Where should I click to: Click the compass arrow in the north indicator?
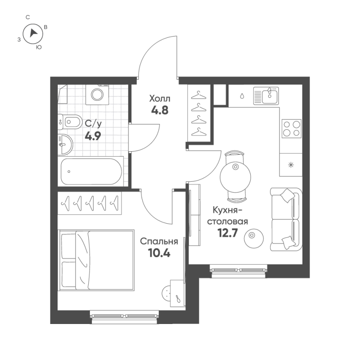pyautogui.click(x=33, y=33)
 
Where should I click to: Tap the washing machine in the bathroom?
pyautogui.click(x=97, y=94)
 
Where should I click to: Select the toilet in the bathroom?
pyautogui.click(x=70, y=121)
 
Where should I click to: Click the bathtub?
pyautogui.click(x=91, y=171)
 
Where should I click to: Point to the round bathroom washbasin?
pyautogui.click(x=65, y=145)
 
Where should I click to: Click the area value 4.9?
pyautogui.click(x=93, y=136)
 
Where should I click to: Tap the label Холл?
pyautogui.click(x=160, y=99)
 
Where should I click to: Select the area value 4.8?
pyautogui.click(x=160, y=110)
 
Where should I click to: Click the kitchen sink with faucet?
pyautogui.click(x=266, y=96)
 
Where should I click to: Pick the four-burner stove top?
pyautogui.click(x=292, y=129)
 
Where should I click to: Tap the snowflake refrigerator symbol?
pyautogui.click(x=291, y=165)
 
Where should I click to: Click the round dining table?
pyautogui.click(x=235, y=177)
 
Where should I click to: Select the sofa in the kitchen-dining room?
pyautogui.click(x=286, y=219)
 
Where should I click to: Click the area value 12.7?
pyautogui.click(x=228, y=233)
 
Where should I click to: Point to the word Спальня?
pyautogui.click(x=159, y=242)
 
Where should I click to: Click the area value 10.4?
pyautogui.click(x=159, y=253)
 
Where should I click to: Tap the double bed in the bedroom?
pyautogui.click(x=96, y=260)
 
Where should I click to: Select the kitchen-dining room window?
pyautogui.click(x=239, y=271)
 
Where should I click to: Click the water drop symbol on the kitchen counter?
pyautogui.click(x=242, y=96)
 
